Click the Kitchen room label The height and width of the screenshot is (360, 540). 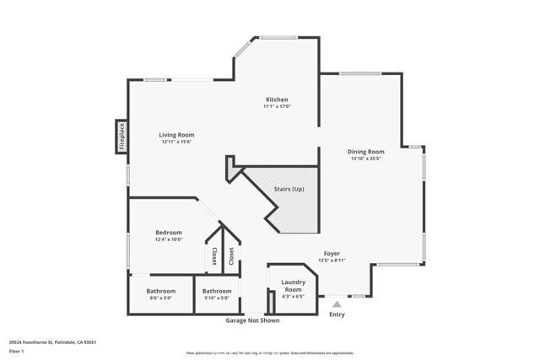point(277,99)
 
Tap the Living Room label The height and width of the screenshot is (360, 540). point(178,135)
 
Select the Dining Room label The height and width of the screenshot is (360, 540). point(365,152)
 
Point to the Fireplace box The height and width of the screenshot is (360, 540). point(121,137)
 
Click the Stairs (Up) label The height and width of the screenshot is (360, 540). point(289,189)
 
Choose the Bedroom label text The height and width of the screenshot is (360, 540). point(169,233)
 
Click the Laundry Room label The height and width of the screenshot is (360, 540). point(293,285)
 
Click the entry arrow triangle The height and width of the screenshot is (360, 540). point(337,304)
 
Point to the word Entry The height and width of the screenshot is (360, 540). point(337,314)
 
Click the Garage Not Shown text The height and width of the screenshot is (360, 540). point(252,320)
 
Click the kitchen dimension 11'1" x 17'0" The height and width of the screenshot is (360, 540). point(277,106)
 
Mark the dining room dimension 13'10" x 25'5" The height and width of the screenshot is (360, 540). point(365,159)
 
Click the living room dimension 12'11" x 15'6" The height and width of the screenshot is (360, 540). point(178,142)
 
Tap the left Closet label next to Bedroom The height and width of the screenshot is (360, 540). point(213,256)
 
